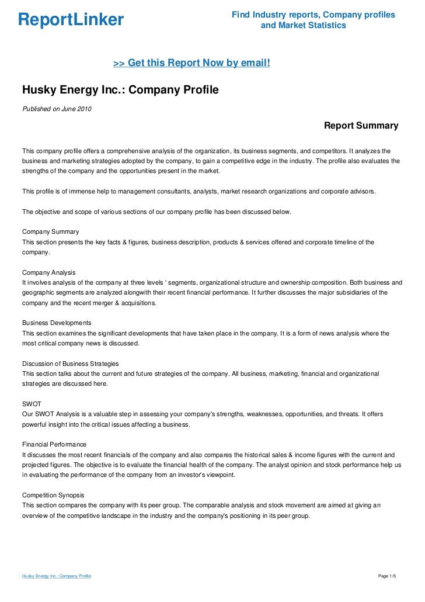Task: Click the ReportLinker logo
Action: [x=71, y=20]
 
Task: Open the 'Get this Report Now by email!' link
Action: [x=191, y=63]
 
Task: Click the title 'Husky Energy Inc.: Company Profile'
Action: [x=120, y=90]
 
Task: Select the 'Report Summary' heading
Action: [x=361, y=126]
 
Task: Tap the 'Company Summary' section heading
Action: [x=50, y=232]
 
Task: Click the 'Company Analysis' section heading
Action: [x=48, y=272]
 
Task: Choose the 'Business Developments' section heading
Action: [x=56, y=323]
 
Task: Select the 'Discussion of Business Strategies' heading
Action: [x=70, y=364]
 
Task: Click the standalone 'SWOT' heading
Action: [x=32, y=404]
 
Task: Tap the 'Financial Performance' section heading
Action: [x=54, y=444]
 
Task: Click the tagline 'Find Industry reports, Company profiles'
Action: [x=313, y=14]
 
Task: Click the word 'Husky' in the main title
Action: [x=39, y=90]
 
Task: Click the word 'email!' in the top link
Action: [x=254, y=63]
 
